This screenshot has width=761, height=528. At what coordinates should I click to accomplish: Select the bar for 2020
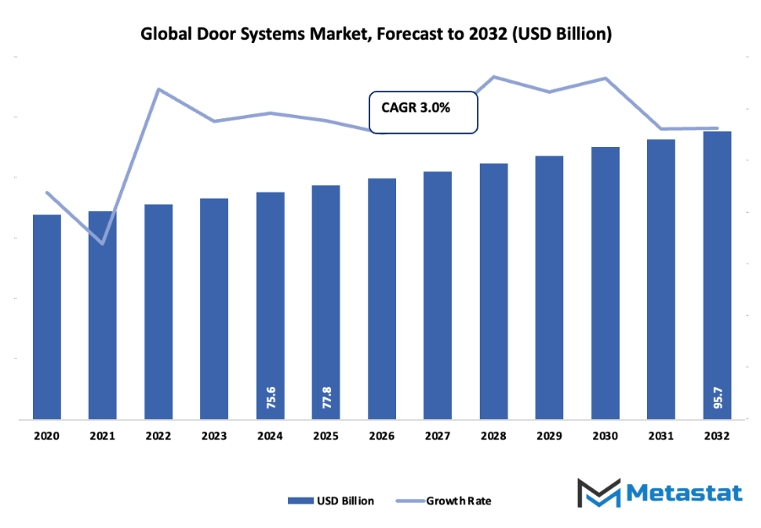46,316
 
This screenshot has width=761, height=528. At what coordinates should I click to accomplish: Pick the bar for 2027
438,295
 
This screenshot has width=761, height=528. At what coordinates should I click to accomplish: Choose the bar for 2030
605,282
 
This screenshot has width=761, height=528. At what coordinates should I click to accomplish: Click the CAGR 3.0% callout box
423,112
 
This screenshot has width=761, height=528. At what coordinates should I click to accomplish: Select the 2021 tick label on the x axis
102,436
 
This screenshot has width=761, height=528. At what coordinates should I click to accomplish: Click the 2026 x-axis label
382,436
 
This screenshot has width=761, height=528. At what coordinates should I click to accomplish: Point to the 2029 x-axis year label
549,436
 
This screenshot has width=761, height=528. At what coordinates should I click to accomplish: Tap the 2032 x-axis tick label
717,436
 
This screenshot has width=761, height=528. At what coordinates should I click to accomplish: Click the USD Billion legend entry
331,500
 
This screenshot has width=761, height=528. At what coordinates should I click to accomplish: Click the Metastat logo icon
596,494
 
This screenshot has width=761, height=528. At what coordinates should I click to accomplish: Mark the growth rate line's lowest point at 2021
102,243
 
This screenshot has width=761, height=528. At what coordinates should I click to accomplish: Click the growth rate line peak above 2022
158,89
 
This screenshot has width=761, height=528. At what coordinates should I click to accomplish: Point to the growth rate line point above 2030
605,79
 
